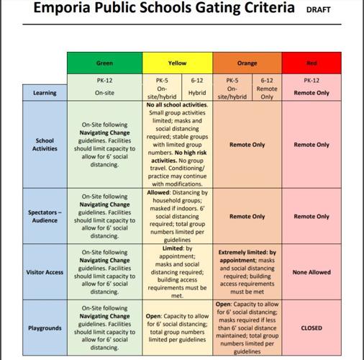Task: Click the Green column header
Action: click(x=105, y=63)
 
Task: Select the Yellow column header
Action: click(x=177, y=63)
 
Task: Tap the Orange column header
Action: click(x=247, y=63)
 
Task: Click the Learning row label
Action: click(x=45, y=93)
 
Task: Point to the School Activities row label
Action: click(x=45, y=145)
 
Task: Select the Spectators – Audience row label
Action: click(x=45, y=216)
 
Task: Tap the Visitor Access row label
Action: click(x=45, y=273)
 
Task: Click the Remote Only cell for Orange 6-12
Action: click(x=267, y=93)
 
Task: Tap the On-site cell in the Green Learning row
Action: click(x=105, y=93)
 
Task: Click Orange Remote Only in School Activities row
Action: click(x=247, y=145)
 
